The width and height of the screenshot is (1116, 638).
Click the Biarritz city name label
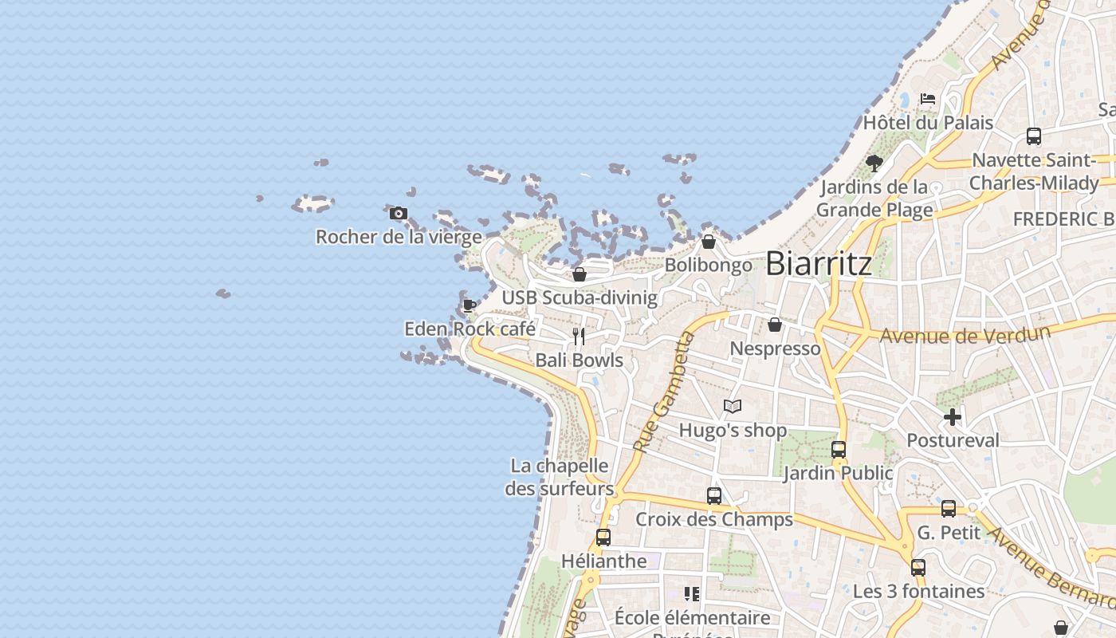[819, 263]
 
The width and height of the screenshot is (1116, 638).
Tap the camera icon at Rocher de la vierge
[399, 213]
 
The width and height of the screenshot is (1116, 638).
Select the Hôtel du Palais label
[928, 123]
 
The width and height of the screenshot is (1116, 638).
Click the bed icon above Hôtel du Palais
[927, 99]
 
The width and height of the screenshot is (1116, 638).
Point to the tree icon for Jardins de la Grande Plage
[874, 163]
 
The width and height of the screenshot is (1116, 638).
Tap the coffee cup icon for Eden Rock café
[470, 305]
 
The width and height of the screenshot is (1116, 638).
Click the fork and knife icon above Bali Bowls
[579, 337]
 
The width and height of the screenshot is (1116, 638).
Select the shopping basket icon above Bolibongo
[708, 242]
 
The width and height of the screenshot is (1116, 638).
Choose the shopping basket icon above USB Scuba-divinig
[580, 274]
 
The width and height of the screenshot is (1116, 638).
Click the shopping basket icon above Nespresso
[774, 325]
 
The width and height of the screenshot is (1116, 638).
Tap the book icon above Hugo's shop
[733, 407]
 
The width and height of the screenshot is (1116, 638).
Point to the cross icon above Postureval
[952, 416]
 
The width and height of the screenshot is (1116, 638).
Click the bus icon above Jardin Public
[838, 450]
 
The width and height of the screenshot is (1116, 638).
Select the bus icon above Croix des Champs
[714, 496]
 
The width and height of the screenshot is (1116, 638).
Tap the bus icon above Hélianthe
[603, 538]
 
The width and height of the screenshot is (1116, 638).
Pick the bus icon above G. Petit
[948, 509]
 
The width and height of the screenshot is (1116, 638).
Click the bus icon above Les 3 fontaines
[918, 568]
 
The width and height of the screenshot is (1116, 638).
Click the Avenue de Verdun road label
[963, 334]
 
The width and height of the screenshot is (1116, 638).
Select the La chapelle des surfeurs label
[560, 477]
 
